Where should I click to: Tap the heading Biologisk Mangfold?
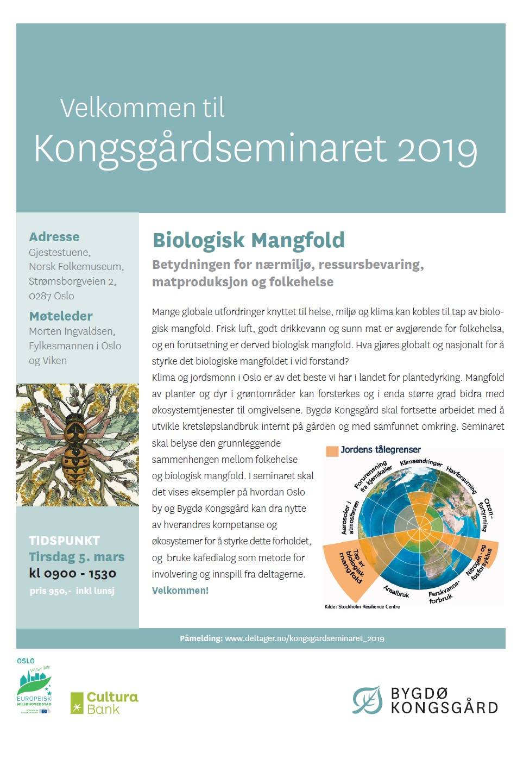pos(248,240)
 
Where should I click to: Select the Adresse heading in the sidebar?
pos(54,237)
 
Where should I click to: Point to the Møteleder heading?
pos(61,316)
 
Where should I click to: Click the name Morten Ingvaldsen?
pos(72,331)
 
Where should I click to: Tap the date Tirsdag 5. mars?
pos(77,557)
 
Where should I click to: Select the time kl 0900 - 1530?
pos(73,573)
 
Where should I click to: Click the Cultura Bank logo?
pos(104,702)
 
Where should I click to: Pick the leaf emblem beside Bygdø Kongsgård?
pos(368,700)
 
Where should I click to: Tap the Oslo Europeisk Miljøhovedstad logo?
pos(34,687)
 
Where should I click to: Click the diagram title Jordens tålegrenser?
pos(381,450)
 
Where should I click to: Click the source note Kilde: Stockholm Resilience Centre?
pos(362,607)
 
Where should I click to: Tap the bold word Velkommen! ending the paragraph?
pos(180,591)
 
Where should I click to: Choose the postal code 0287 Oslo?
pos(52,296)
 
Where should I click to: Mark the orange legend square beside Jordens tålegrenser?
pos(332,451)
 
